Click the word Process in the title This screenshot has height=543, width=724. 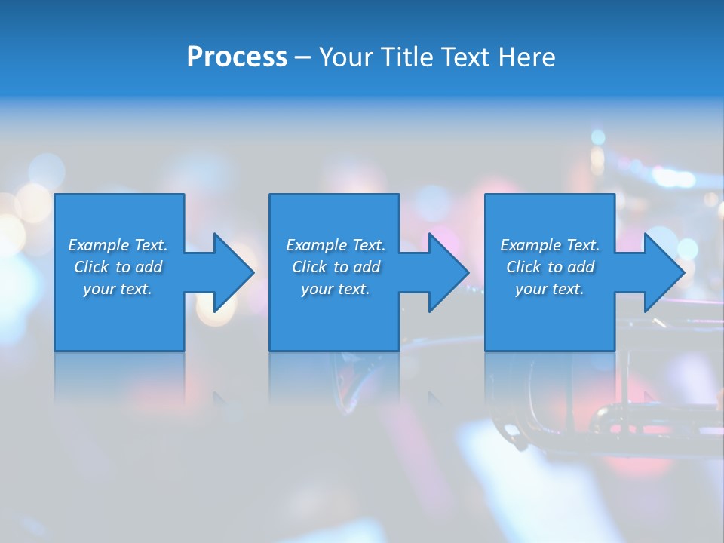coord(237,57)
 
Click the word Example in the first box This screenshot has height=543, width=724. coord(98,245)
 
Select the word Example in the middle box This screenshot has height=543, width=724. coord(316,245)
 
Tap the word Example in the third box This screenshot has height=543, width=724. coord(530,245)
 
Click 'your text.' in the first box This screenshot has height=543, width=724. coord(118,289)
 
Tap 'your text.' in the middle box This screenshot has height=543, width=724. coord(336,289)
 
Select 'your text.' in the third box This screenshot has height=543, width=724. coord(550,289)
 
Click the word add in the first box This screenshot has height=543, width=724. coord(149,267)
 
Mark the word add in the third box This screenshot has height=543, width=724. coord(581,267)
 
